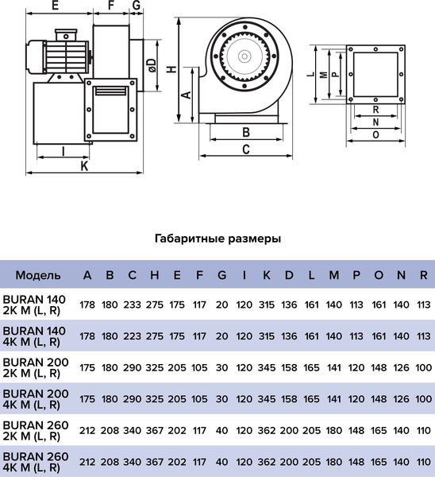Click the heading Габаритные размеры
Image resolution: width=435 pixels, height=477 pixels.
tap(217, 238)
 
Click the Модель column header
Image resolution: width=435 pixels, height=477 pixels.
tap(37, 276)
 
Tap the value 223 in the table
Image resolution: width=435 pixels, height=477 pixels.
tap(133, 335)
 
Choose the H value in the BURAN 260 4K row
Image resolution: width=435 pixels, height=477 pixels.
tap(155, 460)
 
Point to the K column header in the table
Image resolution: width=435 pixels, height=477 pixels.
tap(267, 276)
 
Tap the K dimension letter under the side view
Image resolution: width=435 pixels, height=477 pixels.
tap(83, 166)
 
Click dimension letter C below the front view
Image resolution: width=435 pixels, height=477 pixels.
tap(246, 149)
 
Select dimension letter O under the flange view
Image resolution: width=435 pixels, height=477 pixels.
tap(375, 135)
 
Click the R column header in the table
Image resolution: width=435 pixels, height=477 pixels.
tap(423, 276)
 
